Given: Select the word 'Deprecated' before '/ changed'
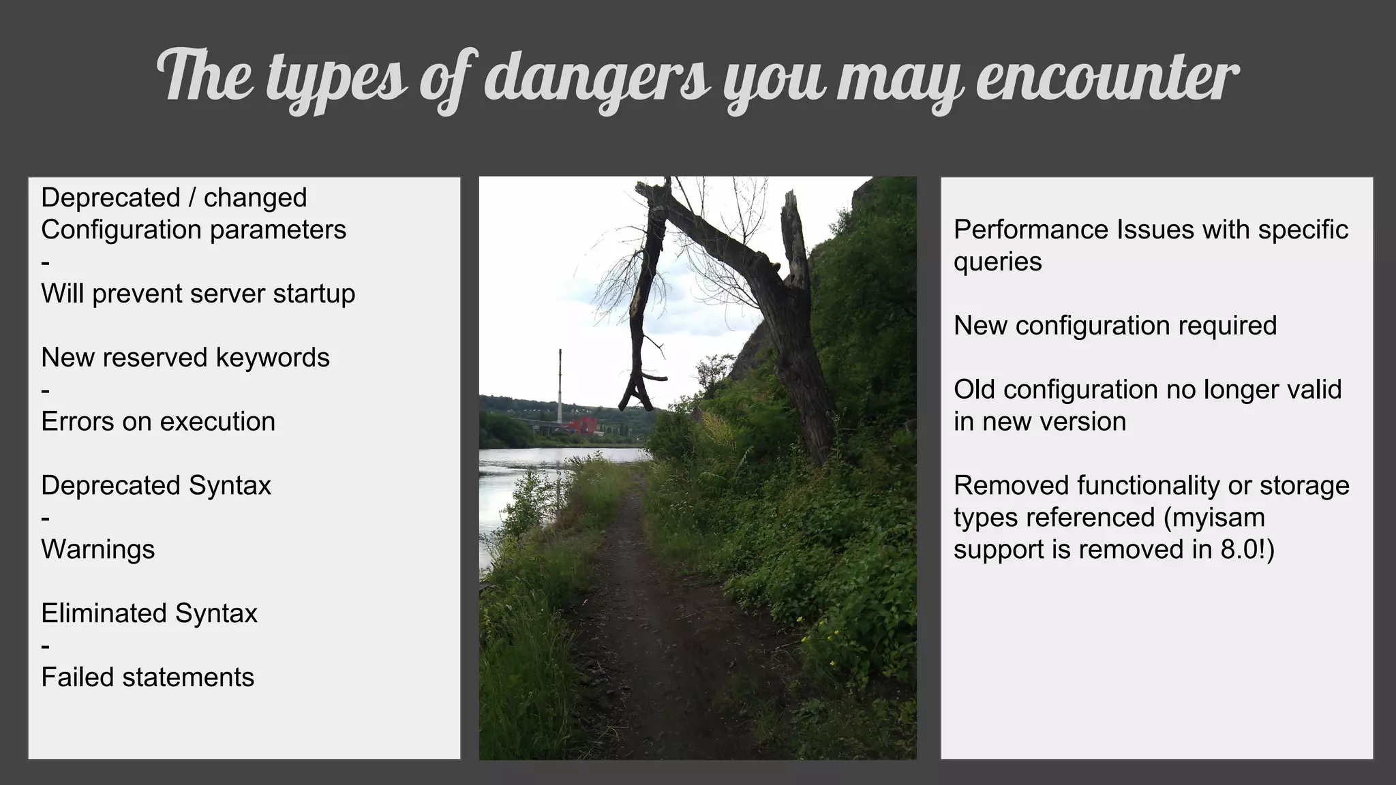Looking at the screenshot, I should click(110, 198).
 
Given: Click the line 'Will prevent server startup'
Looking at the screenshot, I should click(198, 294).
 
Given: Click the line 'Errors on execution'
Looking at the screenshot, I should click(158, 422).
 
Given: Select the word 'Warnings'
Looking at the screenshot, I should click(98, 549).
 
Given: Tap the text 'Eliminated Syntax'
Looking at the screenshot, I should click(149, 613).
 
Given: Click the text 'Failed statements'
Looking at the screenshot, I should click(147, 677).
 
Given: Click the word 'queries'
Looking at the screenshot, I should click(997, 262).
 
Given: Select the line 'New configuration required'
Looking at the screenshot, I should click(1115, 326).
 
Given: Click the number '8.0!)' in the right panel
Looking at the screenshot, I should click(1247, 550).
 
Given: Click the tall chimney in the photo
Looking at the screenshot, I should click(560, 385).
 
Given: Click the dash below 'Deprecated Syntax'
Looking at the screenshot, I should click(46, 519).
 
